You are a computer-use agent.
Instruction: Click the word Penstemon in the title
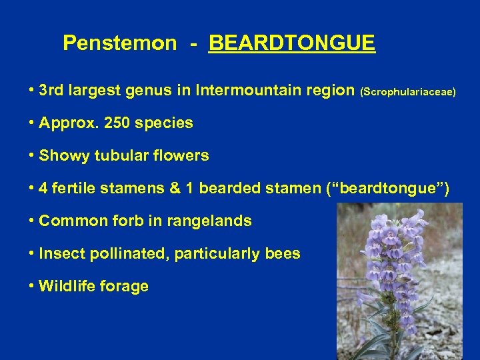point(120,44)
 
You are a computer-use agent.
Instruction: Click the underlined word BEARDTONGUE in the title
point(292,44)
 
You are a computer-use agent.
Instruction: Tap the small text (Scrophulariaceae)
point(408,91)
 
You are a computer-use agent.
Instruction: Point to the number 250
point(116,123)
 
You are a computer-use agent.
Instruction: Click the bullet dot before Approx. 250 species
point(31,123)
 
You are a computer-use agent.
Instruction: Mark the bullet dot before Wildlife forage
point(31,287)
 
